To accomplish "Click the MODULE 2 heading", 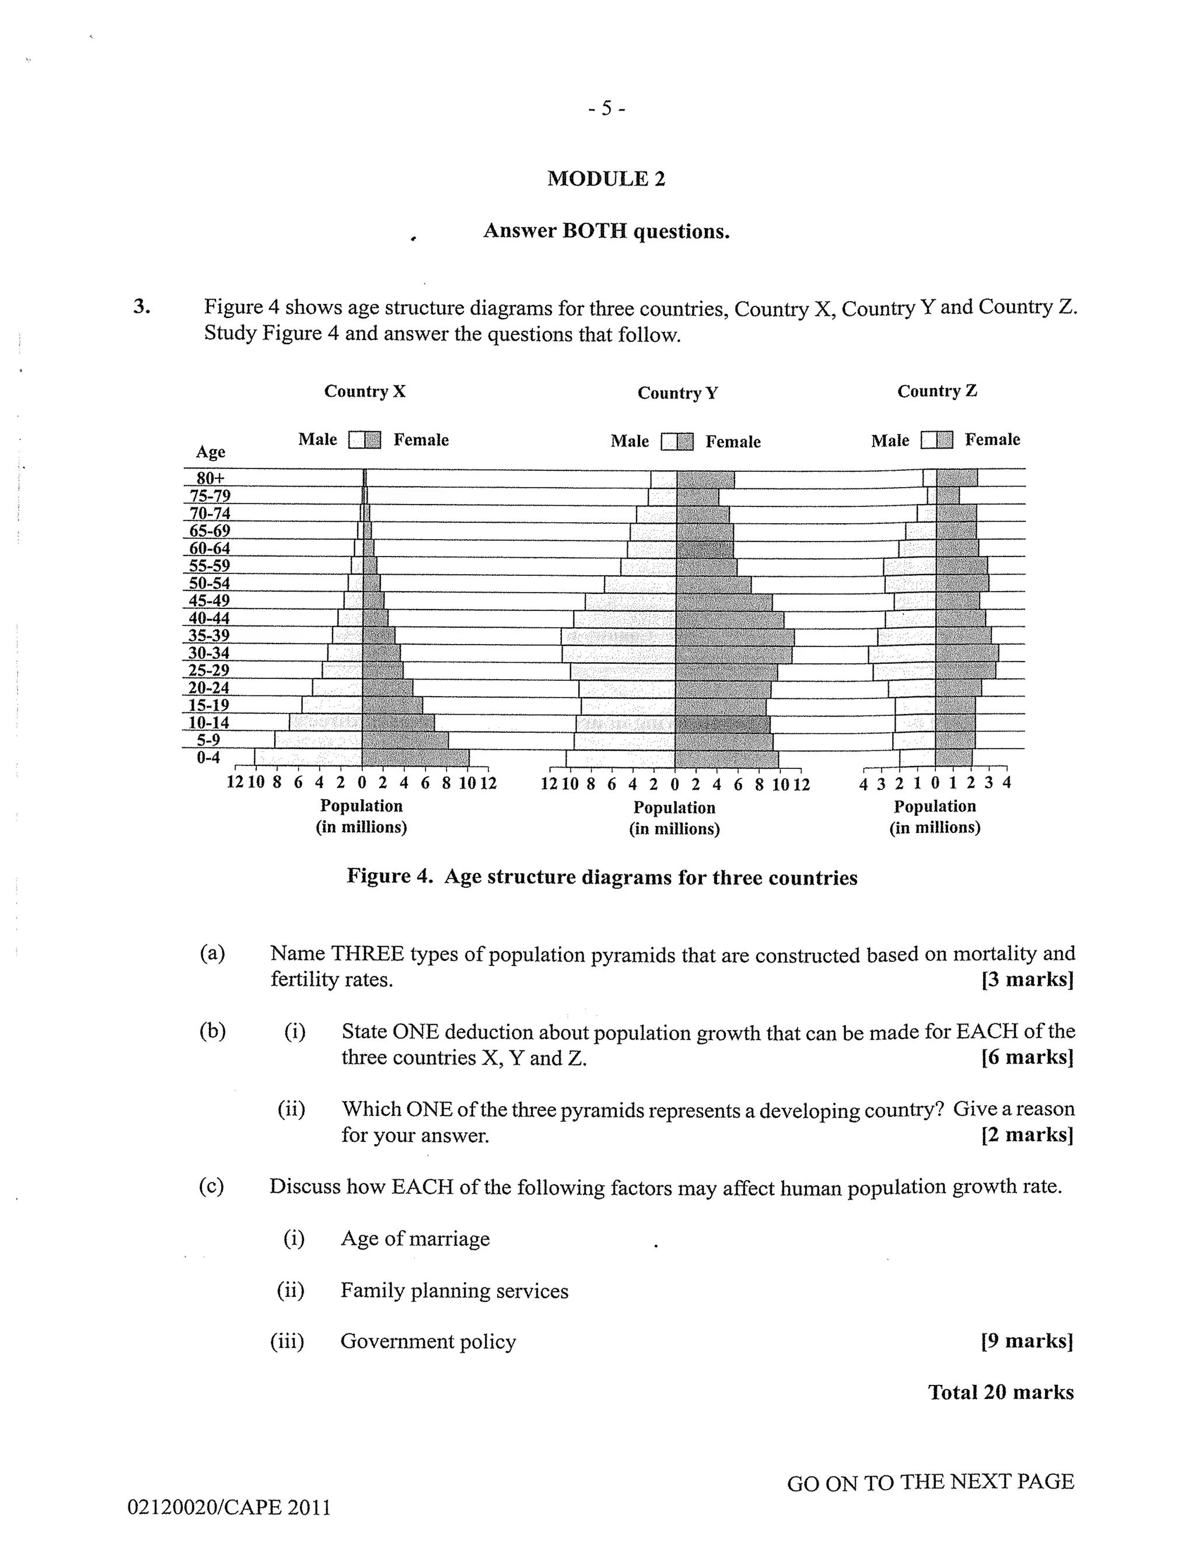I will click(606, 179).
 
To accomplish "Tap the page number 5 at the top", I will click(607, 109).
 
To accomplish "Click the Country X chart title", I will click(365, 391).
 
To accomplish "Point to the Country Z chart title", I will click(937, 391).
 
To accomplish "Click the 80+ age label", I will click(210, 478).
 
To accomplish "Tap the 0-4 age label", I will click(208, 757).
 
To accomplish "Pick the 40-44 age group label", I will click(209, 618).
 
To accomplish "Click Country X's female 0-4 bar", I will click(415, 757).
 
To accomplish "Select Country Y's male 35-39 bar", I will click(618, 636).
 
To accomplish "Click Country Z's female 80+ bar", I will click(956, 478).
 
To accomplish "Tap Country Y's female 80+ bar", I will click(705, 479).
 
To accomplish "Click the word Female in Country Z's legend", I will click(992, 440).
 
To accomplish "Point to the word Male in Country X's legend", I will click(317, 440).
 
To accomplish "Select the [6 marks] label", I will click(1027, 1057).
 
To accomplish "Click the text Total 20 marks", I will click(1000, 1393).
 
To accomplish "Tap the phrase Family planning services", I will click(454, 1290).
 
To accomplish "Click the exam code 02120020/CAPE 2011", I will click(229, 1507).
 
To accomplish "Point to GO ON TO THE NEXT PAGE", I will click(930, 1482).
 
